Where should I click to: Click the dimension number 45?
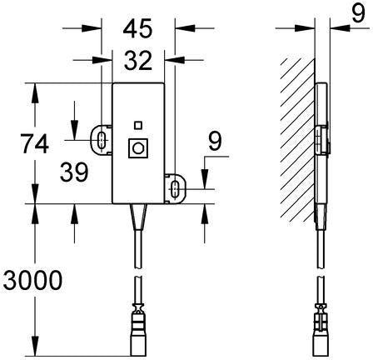(138, 28)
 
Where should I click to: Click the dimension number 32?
(138, 60)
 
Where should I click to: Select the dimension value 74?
(35, 144)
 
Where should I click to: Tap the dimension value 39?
(74, 172)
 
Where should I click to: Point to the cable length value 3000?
(32, 280)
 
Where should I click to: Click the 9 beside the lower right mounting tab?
(215, 142)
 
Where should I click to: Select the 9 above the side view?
(358, 12)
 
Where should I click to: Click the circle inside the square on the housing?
(137, 148)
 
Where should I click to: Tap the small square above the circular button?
(138, 125)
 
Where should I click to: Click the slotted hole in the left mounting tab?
(102, 139)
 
